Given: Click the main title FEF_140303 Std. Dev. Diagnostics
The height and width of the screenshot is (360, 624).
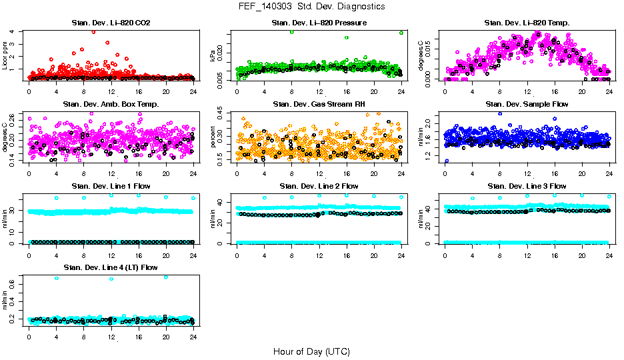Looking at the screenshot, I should click(x=311, y=7).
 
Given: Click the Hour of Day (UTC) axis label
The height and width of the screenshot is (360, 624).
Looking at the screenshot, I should click(x=311, y=351).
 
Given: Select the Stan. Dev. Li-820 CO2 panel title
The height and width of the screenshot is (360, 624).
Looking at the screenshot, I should click(x=111, y=23).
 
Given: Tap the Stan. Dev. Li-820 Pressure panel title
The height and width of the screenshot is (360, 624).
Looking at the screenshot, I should click(x=319, y=23).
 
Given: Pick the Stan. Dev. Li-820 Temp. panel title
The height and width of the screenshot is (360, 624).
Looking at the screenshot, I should click(x=527, y=23).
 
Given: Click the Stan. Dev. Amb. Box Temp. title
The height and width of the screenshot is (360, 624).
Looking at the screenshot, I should click(x=111, y=104).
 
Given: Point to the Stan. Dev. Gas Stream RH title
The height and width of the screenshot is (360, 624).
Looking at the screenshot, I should click(x=319, y=104).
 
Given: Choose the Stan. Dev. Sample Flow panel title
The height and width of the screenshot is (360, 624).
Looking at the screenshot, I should click(x=527, y=104).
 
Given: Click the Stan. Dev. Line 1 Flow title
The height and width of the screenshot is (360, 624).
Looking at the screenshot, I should click(x=111, y=186).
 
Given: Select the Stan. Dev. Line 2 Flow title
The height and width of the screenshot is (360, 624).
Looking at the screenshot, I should click(x=319, y=186).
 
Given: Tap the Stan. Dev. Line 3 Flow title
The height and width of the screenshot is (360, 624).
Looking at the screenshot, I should click(x=527, y=186).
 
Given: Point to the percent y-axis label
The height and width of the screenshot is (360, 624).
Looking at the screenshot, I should click(x=213, y=137).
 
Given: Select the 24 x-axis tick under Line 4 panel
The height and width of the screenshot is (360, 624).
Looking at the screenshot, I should click(x=193, y=337).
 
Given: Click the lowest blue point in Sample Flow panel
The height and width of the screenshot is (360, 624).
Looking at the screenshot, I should click(x=446, y=161).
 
